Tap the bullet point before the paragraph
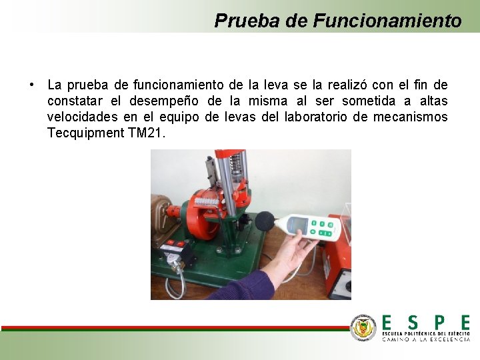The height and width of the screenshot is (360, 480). click(31, 85)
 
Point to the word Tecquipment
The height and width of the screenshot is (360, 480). click(85, 133)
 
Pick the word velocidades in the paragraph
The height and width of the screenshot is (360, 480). click(84, 117)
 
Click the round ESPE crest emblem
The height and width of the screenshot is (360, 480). click(363, 327)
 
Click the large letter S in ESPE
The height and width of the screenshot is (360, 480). click(413, 323)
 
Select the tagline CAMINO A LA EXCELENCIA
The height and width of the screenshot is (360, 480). click(425, 339)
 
